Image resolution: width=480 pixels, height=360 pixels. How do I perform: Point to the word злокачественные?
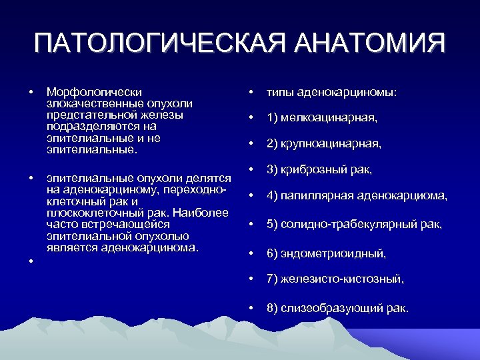[96, 104]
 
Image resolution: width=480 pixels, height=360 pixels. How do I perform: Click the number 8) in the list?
[273, 309]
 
